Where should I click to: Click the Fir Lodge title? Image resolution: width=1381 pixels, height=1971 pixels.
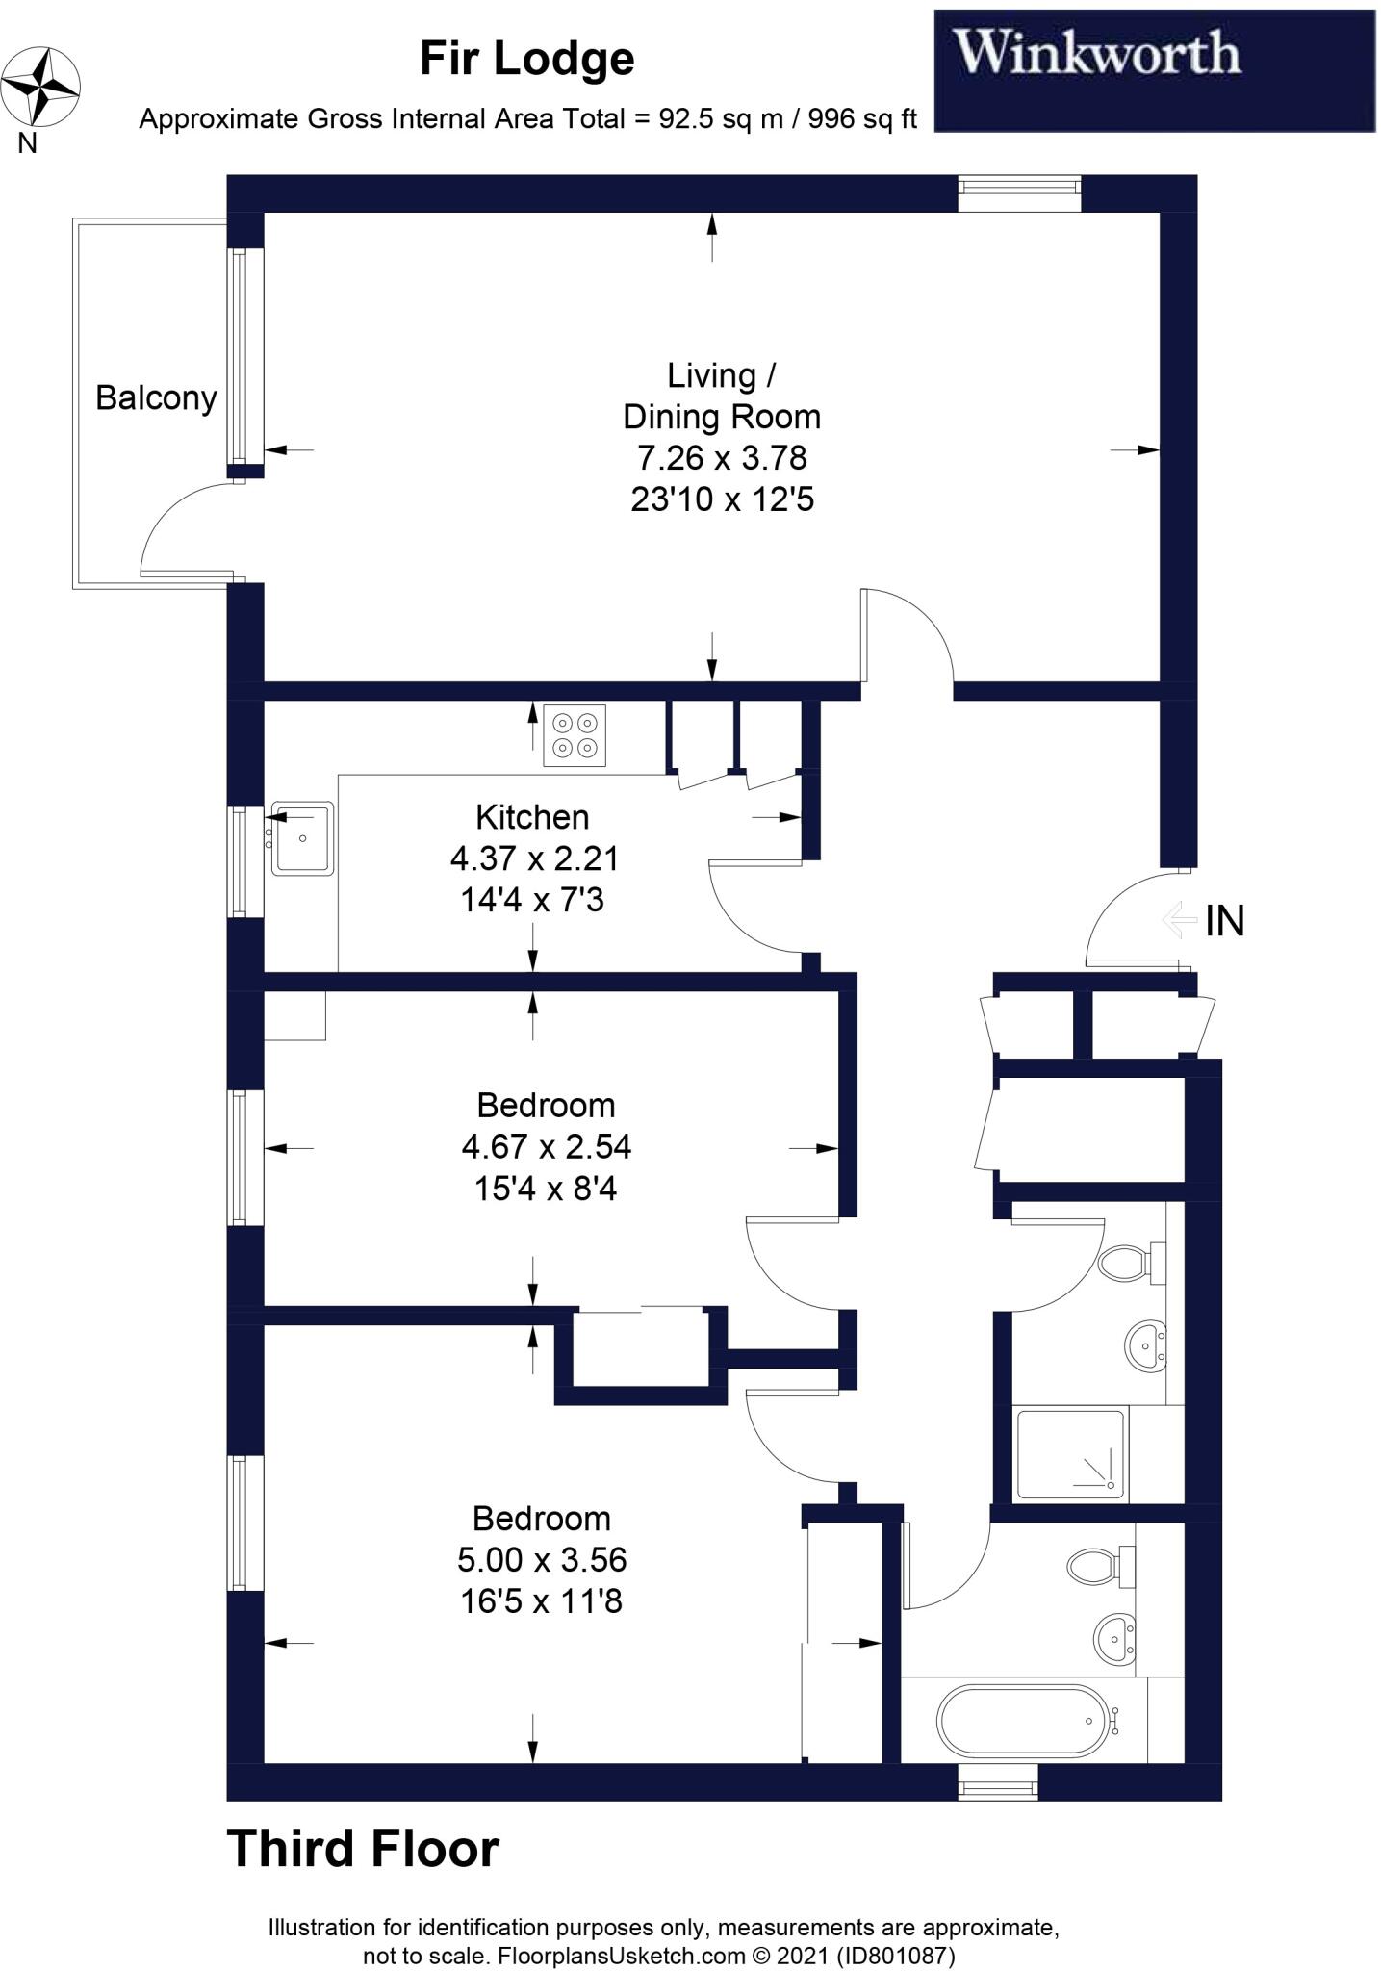pos(526,60)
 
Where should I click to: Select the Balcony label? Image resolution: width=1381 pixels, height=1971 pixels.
pos(156,397)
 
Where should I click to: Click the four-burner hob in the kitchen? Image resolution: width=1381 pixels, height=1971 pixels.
pos(575,736)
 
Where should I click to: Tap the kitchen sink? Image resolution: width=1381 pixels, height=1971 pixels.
pos(302,838)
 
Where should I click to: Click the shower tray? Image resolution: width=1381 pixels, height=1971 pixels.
pos(1070,1455)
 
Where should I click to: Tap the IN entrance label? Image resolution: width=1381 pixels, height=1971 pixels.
pos(1224,921)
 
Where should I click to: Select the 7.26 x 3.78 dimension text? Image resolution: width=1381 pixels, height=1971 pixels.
pos(722,457)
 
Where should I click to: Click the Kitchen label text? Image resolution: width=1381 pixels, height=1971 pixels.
pos(532,817)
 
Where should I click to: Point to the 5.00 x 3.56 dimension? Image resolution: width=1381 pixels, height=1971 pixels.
pos(542,1559)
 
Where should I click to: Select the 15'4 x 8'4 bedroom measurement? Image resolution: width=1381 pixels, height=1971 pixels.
pos(545,1189)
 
